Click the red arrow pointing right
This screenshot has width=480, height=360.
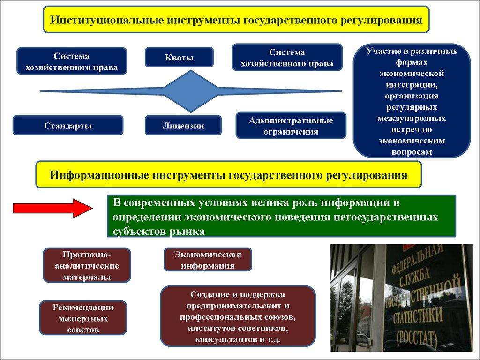52,208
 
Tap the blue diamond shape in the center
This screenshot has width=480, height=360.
190,91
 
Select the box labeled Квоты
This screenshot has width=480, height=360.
179,58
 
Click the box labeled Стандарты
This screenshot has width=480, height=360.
68,126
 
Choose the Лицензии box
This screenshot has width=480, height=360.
183,126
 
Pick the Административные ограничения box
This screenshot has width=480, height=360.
291,126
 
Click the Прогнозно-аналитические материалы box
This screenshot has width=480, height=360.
87,265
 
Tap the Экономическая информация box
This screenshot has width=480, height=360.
208,260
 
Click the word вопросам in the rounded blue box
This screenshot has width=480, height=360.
412,152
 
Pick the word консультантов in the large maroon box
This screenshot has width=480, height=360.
219,338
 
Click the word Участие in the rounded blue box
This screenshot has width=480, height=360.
381,51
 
